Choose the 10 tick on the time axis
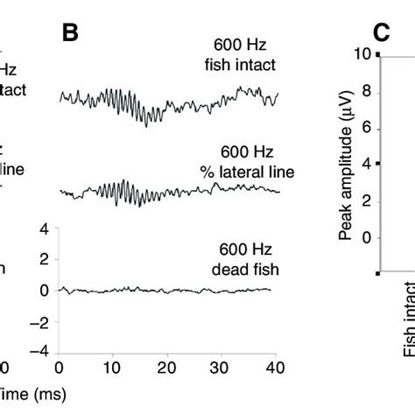tap(113, 369)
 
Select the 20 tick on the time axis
tap(168, 369)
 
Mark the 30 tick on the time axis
tap(222, 369)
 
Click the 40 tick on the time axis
tap(277, 369)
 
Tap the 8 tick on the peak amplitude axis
tap(365, 91)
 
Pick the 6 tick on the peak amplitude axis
tap(365, 128)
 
